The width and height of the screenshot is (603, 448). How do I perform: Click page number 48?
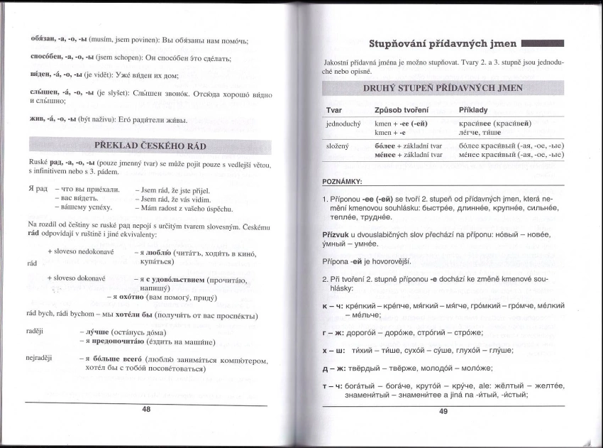tap(146, 410)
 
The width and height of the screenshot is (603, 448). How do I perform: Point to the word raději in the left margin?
tap(37, 332)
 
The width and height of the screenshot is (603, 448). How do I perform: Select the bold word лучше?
tap(97, 332)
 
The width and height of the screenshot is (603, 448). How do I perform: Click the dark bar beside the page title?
tap(542, 43)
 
